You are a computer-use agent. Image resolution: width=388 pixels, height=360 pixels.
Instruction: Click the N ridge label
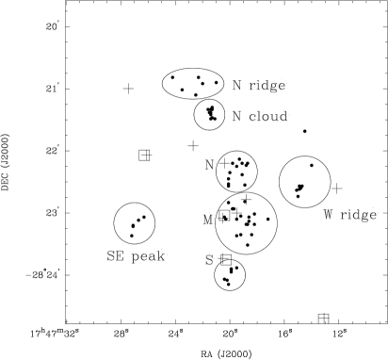259,86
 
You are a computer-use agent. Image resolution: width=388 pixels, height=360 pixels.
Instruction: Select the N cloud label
260,116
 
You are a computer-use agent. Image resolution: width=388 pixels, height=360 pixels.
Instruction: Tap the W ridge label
349,215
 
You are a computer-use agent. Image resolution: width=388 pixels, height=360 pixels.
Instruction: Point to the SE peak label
136,256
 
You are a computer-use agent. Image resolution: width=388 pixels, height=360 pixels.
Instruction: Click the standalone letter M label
207,220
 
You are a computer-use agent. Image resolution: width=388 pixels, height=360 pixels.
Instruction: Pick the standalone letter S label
209,260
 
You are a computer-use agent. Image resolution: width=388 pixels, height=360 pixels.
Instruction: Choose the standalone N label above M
209,165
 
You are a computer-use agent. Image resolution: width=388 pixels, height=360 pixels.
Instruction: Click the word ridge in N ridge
267,86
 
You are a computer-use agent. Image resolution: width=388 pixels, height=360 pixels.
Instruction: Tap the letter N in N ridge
236,86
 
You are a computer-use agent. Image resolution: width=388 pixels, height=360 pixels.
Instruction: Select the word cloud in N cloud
268,116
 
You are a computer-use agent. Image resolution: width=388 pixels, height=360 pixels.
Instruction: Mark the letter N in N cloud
236,116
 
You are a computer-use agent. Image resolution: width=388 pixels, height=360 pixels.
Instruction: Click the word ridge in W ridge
358,215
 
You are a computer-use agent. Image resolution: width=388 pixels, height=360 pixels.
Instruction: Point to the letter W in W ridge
328,215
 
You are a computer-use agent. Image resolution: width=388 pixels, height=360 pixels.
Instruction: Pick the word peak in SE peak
148,256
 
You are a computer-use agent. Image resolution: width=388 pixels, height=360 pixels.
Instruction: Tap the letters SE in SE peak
115,256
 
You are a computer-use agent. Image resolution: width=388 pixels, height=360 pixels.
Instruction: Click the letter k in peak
161,256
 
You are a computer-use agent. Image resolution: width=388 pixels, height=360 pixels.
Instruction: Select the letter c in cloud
252,117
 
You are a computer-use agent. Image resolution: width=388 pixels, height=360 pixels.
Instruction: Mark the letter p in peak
135,257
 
